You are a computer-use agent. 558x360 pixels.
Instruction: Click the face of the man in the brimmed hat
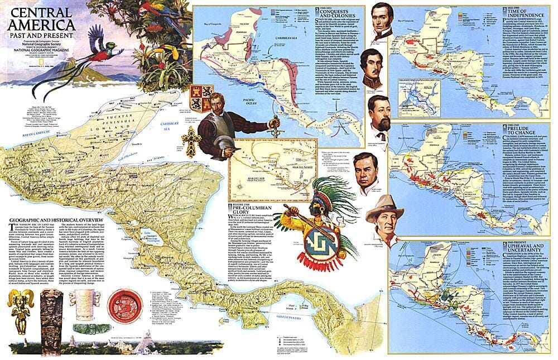coord(381,215)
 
